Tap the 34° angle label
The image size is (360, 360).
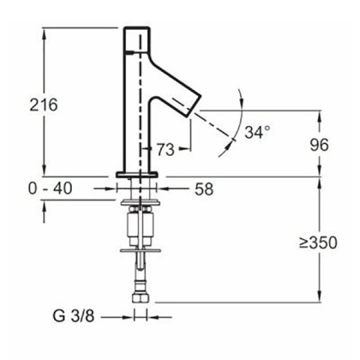pos(257,133)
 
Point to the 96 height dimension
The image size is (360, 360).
pos(320,145)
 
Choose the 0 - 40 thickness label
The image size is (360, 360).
pos(51,186)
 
